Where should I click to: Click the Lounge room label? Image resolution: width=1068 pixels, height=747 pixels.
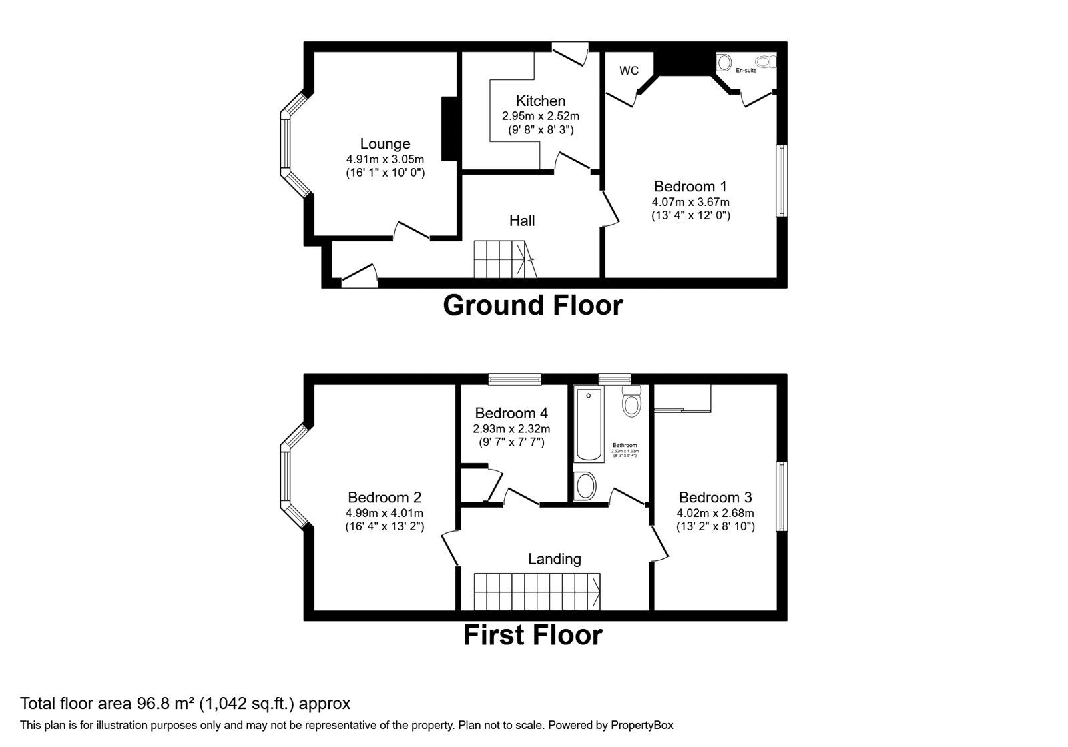point(385,143)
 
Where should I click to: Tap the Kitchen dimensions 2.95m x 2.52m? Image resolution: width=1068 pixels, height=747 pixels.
point(541,116)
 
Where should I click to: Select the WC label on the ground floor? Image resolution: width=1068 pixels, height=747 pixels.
point(629,71)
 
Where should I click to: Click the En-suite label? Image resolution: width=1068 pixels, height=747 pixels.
point(746,70)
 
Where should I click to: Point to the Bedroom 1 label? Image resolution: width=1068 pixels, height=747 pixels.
point(690,186)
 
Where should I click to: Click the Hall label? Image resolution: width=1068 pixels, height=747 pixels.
point(522,221)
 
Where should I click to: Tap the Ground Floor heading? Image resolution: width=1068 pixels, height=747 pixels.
point(533,305)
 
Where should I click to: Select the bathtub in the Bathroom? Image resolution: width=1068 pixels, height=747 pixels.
point(589,425)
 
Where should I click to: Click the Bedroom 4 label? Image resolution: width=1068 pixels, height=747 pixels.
point(511,413)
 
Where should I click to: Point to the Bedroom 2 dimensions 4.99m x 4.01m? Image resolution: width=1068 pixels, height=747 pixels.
point(384,513)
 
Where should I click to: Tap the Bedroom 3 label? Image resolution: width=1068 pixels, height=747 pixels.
point(715,497)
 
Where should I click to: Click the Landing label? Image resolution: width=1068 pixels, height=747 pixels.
point(554,559)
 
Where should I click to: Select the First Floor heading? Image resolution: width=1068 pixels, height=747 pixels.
point(533,635)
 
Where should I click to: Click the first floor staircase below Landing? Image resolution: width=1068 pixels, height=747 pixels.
point(537,592)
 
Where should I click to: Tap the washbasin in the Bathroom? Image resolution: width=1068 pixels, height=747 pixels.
point(585,486)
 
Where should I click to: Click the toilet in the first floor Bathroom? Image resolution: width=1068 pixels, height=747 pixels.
point(631,402)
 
